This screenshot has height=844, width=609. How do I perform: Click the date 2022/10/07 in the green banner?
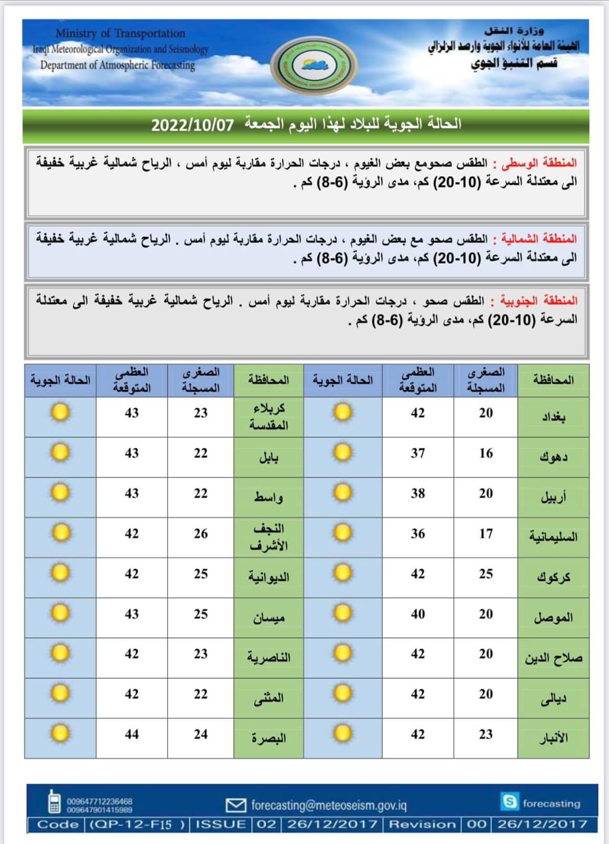pyautogui.click(x=192, y=125)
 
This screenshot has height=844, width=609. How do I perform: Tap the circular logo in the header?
pyautogui.click(x=315, y=65)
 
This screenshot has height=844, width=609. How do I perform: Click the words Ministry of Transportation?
pyautogui.click(x=120, y=33)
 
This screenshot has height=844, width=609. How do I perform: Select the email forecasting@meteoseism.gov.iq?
pyautogui.click(x=328, y=805)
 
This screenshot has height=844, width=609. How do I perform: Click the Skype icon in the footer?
pyautogui.click(x=510, y=802)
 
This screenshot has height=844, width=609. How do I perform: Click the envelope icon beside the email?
pyautogui.click(x=236, y=805)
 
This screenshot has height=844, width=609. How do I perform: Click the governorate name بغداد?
pyautogui.click(x=553, y=417)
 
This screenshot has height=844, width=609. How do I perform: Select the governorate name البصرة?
pyautogui.click(x=269, y=738)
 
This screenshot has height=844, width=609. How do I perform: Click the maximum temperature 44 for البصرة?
pyautogui.click(x=131, y=734)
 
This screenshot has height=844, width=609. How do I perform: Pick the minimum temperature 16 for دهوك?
pyautogui.click(x=486, y=453)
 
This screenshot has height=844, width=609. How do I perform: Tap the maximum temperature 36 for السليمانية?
pyautogui.click(x=417, y=534)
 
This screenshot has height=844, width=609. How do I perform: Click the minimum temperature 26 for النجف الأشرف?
pyautogui.click(x=201, y=534)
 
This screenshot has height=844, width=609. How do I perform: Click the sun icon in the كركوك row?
pyautogui.click(x=343, y=573)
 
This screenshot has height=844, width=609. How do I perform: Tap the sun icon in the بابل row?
pyautogui.click(x=60, y=453)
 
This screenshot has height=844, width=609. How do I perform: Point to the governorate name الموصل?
pyautogui.click(x=553, y=617)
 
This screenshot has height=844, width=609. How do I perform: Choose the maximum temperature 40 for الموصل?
pyautogui.click(x=417, y=614)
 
